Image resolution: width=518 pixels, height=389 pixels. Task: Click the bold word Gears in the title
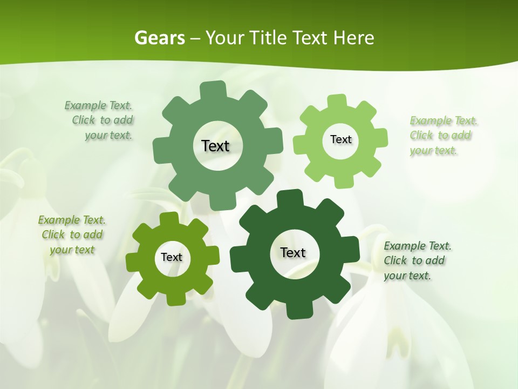(159, 38)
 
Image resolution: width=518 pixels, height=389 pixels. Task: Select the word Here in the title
(353, 38)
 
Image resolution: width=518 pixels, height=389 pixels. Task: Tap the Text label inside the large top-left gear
(215, 146)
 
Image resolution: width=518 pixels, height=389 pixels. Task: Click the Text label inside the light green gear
(340, 139)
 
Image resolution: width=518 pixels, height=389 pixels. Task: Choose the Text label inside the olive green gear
(172, 257)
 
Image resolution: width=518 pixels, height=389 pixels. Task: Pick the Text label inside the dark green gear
(293, 252)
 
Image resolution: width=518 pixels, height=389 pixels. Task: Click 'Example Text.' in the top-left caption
(98, 105)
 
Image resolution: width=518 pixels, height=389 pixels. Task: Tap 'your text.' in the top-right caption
(433, 151)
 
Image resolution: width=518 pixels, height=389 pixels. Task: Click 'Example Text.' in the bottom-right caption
(418, 246)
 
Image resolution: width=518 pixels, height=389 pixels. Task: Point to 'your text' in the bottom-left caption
(72, 250)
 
